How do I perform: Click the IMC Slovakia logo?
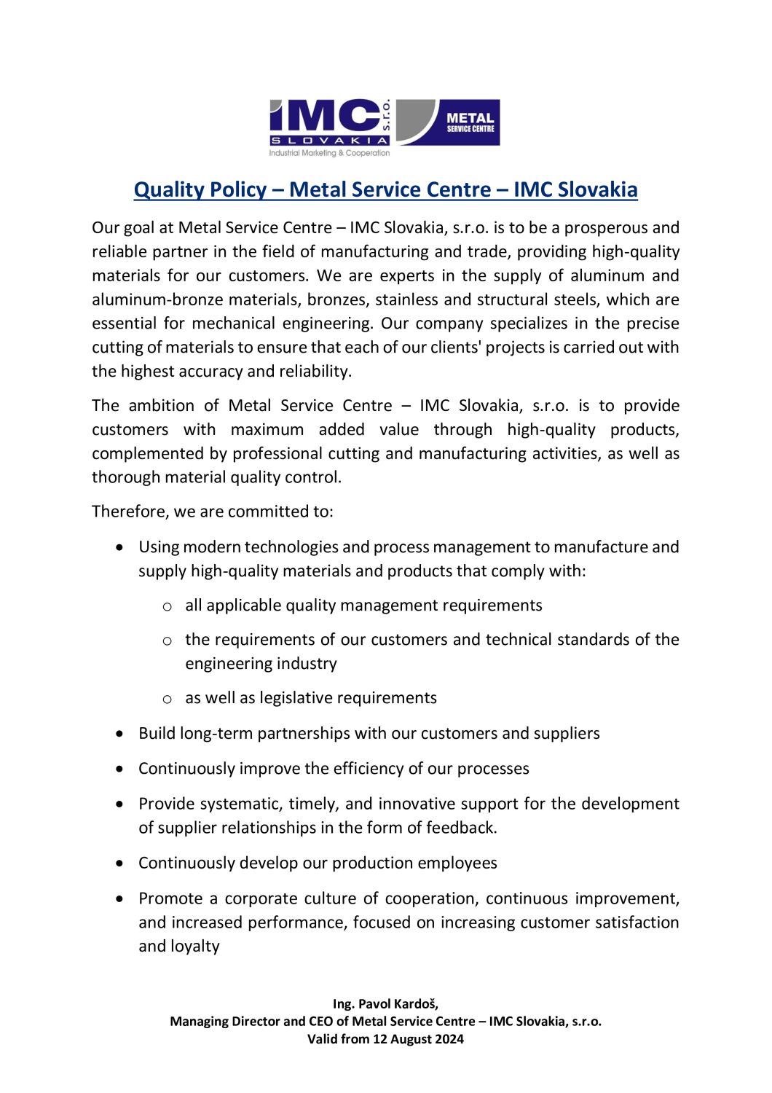point(330,126)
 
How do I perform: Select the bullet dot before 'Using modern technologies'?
point(120,546)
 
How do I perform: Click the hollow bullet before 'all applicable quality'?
point(167,606)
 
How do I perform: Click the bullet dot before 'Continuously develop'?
point(120,863)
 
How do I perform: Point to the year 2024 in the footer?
point(449,1039)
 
